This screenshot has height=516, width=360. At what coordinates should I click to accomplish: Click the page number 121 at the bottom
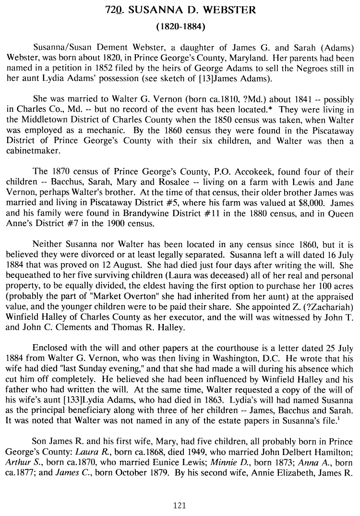pyautogui.click(x=180, y=504)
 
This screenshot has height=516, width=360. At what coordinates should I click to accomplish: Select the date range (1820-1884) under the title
pyautogui.click(x=180, y=27)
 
